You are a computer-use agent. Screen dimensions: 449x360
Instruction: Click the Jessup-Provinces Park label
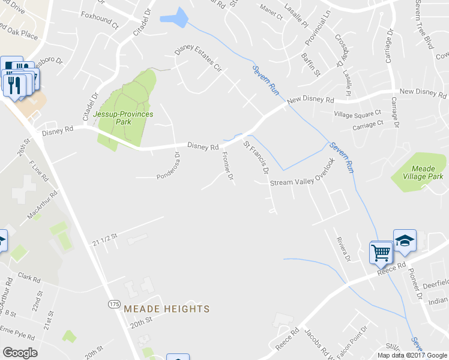(123, 117)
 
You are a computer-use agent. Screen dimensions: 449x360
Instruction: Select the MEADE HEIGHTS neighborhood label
(166, 309)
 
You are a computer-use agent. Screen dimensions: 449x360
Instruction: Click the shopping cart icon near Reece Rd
(381, 253)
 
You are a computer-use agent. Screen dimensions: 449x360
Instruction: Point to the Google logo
(20, 353)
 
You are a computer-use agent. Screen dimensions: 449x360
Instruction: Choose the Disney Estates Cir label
(198, 58)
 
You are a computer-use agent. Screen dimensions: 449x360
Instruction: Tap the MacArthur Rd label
(42, 205)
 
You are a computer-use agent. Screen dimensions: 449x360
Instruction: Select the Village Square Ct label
(358, 113)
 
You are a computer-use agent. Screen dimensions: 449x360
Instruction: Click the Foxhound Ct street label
(100, 16)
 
